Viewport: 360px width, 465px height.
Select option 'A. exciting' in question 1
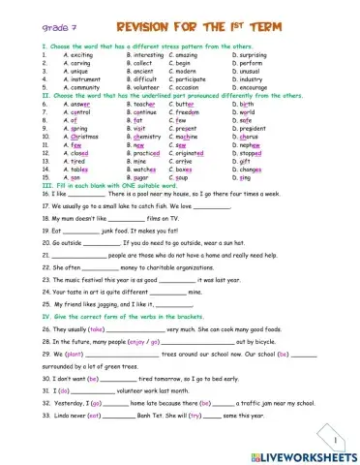coord(81,56)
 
